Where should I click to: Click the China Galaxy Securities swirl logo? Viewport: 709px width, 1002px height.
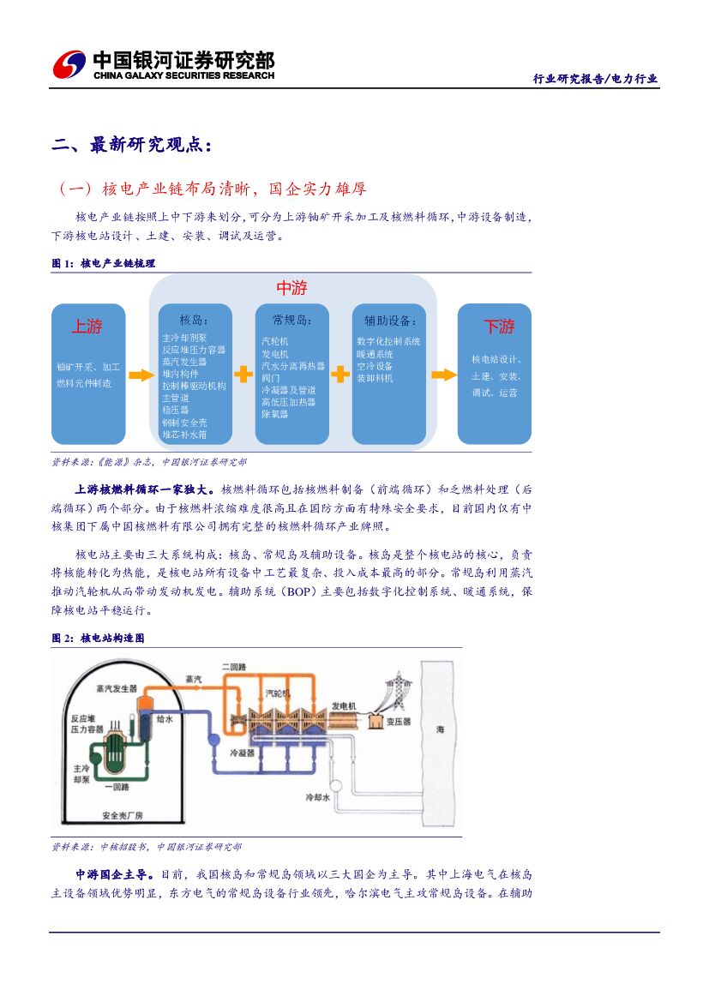pyautogui.click(x=69, y=64)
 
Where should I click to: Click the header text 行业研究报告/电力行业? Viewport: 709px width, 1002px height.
pyautogui.click(x=595, y=79)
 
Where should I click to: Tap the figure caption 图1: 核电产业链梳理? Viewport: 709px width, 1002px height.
pyautogui.click(x=104, y=264)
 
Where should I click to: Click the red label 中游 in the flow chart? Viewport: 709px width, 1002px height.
pyautogui.click(x=291, y=288)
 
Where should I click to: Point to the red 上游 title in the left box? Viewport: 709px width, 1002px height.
pyautogui.click(x=87, y=327)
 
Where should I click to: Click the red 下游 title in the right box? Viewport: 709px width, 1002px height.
pyautogui.click(x=499, y=327)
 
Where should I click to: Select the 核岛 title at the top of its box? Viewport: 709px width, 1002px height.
pyautogui.click(x=193, y=321)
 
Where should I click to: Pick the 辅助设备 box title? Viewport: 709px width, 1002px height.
pyautogui.click(x=390, y=321)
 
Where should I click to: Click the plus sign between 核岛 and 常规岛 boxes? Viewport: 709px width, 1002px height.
pyautogui.click(x=243, y=374)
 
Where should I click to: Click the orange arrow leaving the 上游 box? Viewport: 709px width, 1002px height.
pyautogui.click(x=137, y=375)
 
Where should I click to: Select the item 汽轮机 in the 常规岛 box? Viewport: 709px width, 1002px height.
pyautogui.click(x=275, y=341)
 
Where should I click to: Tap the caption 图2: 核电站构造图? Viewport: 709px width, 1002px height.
pyautogui.click(x=98, y=639)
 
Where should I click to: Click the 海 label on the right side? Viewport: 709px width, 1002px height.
pyautogui.click(x=441, y=729)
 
